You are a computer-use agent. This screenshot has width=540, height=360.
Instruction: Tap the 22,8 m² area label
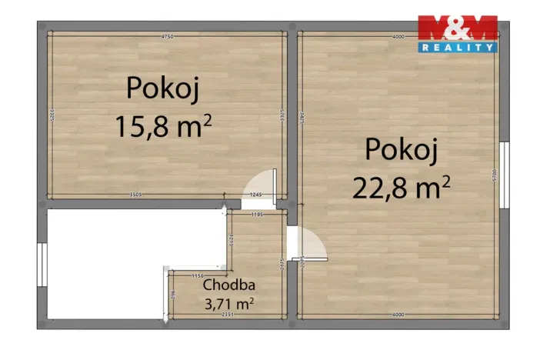click(x=401, y=186)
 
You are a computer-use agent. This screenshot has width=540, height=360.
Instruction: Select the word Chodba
click(x=228, y=285)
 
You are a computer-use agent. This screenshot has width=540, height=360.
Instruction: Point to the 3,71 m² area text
click(x=228, y=304)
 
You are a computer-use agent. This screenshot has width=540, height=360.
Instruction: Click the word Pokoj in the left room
click(x=163, y=88)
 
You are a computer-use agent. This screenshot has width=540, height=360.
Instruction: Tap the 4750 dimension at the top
click(x=166, y=36)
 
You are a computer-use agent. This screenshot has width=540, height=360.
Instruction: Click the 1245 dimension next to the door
click(x=257, y=195)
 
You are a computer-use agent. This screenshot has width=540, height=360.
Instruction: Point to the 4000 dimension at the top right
click(x=398, y=36)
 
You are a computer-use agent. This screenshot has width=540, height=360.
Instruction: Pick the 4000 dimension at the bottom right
click(x=398, y=315)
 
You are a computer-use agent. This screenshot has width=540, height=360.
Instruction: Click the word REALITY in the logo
click(x=457, y=48)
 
